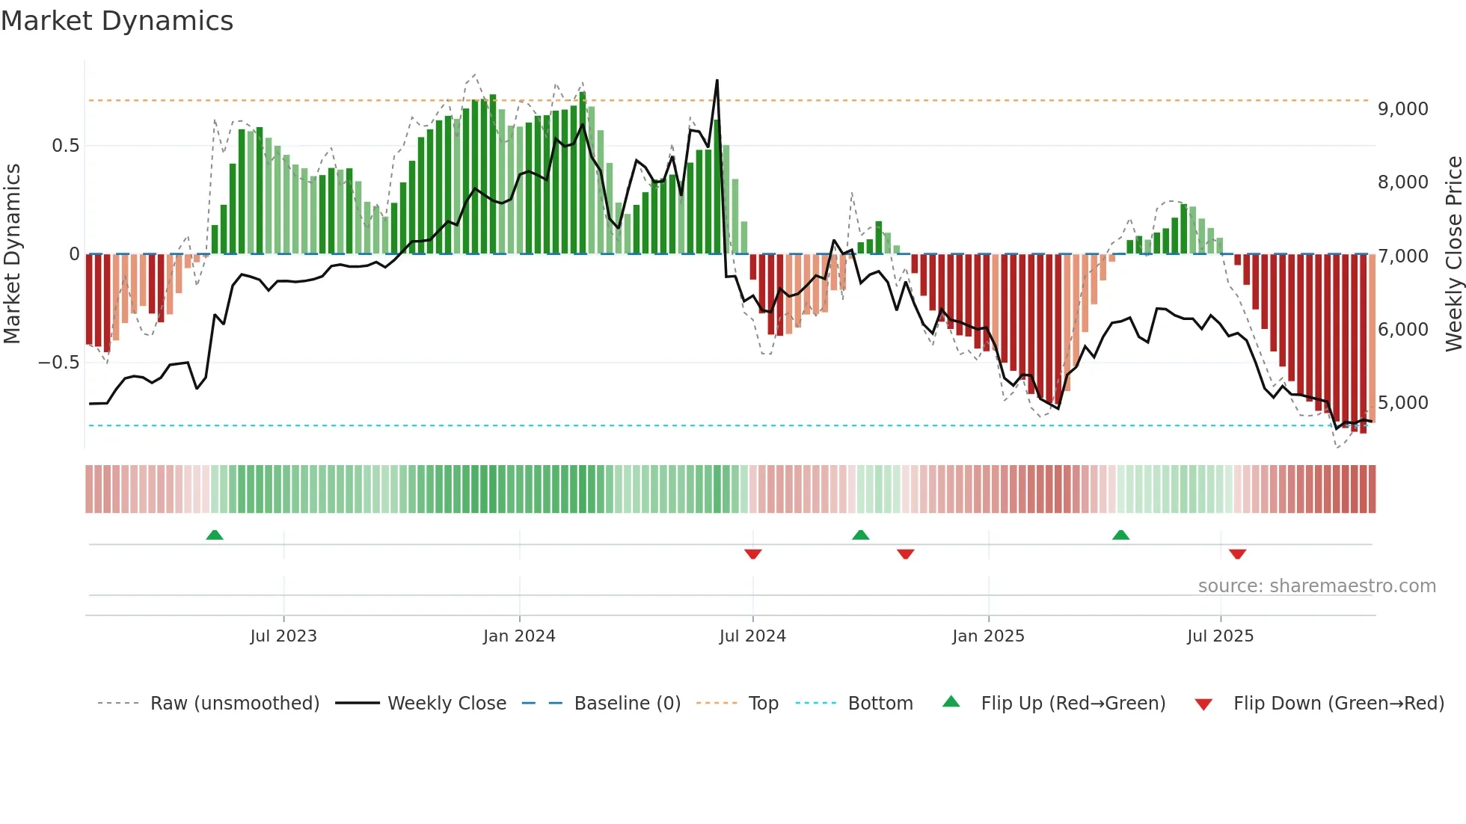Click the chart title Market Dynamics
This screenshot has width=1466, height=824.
coord(117,21)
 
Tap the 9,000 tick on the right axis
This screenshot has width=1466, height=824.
coord(1402,109)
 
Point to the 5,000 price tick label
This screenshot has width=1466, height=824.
coord(1402,403)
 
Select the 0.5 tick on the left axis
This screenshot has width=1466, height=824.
coord(66,146)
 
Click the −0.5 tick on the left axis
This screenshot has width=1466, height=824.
coord(59,363)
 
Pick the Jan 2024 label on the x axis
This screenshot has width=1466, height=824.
coord(519,636)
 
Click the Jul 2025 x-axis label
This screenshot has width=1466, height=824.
coord(1220,636)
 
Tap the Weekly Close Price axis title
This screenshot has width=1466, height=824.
coord(1453,254)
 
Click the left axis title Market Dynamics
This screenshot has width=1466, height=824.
coord(13,254)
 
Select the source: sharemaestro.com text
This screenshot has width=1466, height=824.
coord(1316,586)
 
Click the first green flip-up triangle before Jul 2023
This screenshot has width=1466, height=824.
coord(215,535)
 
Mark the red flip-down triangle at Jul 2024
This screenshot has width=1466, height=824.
coord(753,554)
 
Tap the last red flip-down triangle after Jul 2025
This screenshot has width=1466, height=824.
coord(1237,554)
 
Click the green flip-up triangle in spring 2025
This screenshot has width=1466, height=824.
coord(1120,535)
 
